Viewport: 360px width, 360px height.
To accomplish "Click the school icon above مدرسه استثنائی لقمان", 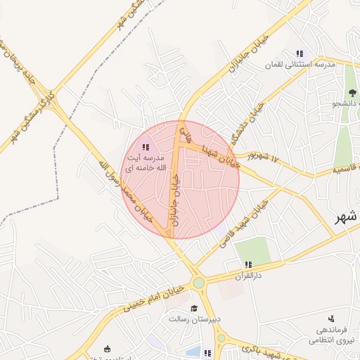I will [300, 53].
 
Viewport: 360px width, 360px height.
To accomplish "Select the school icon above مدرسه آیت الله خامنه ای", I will [146, 147].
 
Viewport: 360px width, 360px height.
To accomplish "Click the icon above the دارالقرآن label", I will [247, 264].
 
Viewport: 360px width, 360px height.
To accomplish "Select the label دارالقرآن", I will [247, 276].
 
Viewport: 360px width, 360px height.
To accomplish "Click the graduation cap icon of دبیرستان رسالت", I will [194, 307].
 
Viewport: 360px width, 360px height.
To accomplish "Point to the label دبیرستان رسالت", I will [194, 319].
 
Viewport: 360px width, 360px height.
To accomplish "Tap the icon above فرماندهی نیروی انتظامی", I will [330, 319].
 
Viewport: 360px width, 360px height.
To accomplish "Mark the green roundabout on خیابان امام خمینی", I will [199, 283].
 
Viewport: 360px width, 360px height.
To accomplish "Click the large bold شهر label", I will [346, 218].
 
